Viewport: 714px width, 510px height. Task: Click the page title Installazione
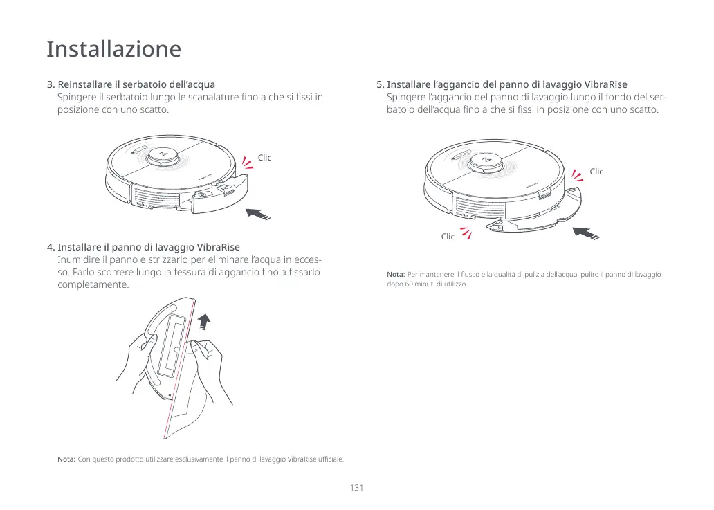[x=113, y=49]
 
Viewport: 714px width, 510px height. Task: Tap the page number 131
[x=356, y=488]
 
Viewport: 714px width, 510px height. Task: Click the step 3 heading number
[x=51, y=85]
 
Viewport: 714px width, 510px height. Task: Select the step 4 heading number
[x=51, y=247]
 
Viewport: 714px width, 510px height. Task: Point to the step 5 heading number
[x=380, y=85]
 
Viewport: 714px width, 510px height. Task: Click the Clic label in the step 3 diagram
[x=264, y=158]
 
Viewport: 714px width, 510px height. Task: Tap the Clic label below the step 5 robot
[x=448, y=237]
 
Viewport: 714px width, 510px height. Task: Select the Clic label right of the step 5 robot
[x=596, y=172]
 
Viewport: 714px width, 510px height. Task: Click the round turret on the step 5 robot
[x=486, y=161]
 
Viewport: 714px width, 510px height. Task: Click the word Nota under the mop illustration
[x=66, y=459]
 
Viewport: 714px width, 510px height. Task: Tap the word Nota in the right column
[x=396, y=275]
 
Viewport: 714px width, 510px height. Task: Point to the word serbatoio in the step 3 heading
[x=139, y=85]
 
